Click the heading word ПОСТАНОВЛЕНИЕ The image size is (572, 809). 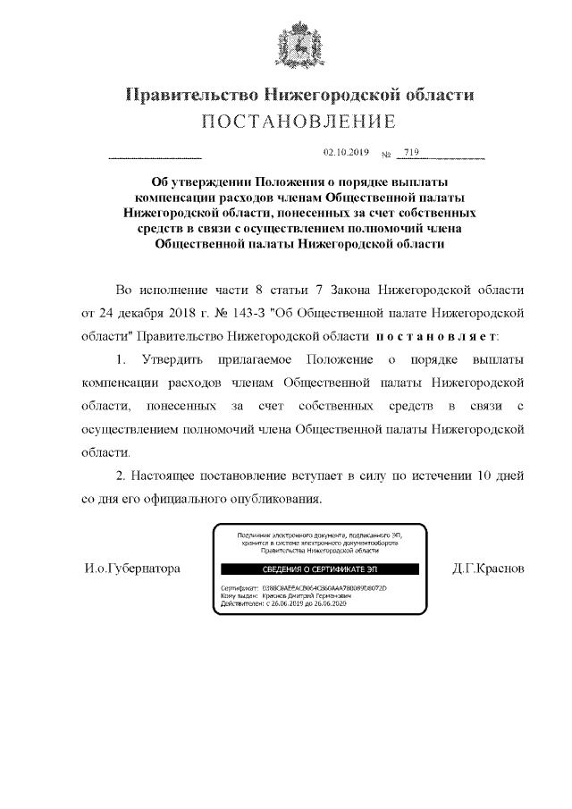point(299,121)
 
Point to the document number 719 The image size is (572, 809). point(411,153)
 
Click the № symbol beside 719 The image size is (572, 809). point(387,155)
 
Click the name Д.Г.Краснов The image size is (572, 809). point(489,569)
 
